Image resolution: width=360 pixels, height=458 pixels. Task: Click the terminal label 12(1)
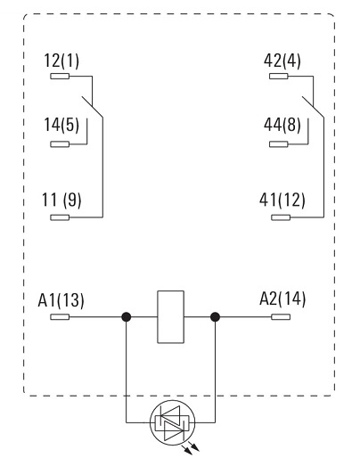click(x=61, y=61)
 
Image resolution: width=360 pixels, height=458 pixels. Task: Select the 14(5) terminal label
click(x=61, y=125)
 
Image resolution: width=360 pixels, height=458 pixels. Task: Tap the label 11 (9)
click(x=61, y=200)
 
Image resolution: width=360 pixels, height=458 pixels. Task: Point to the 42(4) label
click(x=282, y=61)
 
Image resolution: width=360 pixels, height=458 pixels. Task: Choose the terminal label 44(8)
click(x=282, y=125)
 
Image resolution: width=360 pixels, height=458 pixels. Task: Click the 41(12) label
click(x=282, y=200)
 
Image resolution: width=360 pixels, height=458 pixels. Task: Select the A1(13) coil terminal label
click(x=61, y=300)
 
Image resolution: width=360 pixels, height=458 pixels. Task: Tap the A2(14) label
click(x=282, y=299)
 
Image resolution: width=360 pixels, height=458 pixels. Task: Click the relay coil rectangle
click(x=170, y=317)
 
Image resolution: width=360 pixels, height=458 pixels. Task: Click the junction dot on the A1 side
click(x=127, y=317)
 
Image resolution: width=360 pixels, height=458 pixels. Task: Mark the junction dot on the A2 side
click(x=215, y=317)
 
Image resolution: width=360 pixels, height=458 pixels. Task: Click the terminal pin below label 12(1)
click(x=60, y=77)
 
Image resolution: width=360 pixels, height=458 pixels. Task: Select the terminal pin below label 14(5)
click(x=60, y=144)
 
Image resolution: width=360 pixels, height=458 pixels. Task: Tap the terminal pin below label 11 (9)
click(x=60, y=217)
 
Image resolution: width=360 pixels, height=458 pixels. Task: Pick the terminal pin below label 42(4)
click(x=279, y=77)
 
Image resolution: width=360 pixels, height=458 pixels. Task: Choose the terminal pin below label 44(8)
click(x=279, y=144)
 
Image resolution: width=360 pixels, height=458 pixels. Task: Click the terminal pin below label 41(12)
click(x=281, y=217)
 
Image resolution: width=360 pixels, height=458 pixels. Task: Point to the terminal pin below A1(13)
click(x=60, y=317)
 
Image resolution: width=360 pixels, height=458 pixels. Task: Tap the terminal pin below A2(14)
click(x=281, y=317)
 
